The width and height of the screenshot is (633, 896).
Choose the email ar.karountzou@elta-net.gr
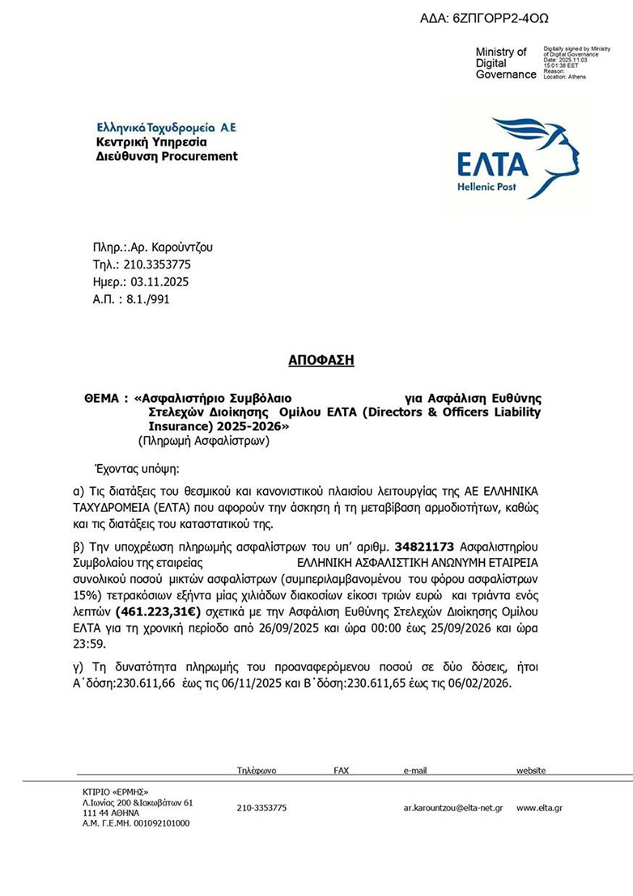[453, 808]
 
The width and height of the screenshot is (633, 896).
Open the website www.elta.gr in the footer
[539, 808]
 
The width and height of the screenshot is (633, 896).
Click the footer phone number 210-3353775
[261, 808]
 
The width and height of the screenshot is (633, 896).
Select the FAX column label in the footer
[341, 771]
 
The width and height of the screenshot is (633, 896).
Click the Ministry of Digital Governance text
[505, 63]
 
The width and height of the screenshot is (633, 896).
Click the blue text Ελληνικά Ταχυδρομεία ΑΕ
[166, 128]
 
